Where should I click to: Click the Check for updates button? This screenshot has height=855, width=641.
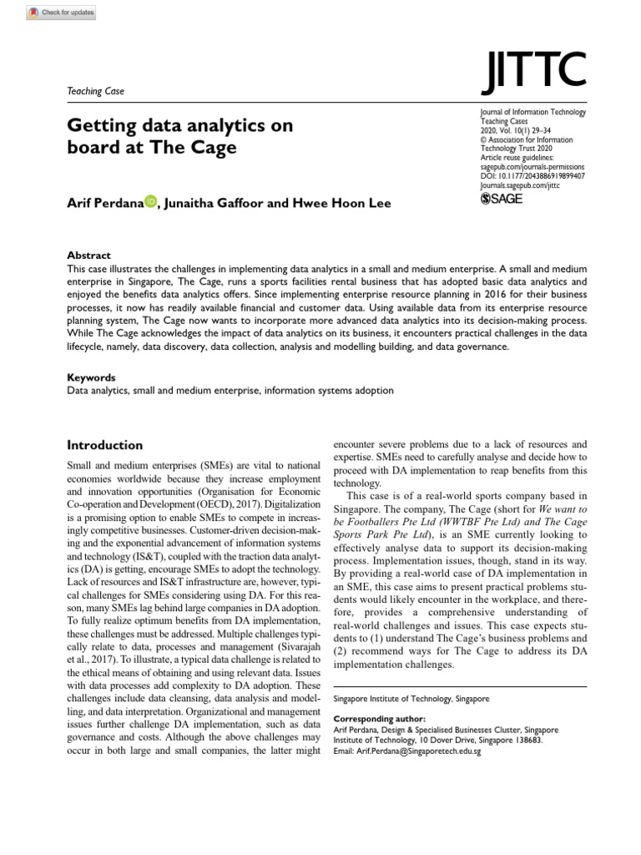point(61,13)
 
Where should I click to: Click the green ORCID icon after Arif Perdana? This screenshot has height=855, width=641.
point(150,201)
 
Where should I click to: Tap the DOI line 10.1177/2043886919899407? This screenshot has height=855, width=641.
point(532,176)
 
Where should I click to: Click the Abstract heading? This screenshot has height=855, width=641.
point(88,255)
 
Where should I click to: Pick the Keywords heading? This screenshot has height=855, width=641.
point(91,377)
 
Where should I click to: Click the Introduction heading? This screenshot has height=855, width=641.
point(104,445)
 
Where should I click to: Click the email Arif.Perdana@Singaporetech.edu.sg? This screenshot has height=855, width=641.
point(406,751)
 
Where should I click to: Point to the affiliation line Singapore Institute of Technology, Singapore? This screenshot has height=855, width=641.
point(411,698)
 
